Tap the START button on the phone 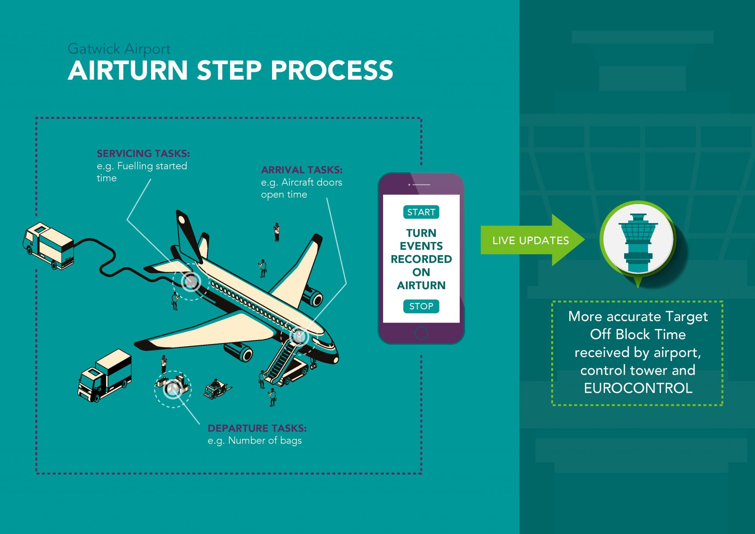[421, 212]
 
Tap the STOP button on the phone [421, 306]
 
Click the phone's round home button [421, 333]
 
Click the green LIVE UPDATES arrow [531, 240]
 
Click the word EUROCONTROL [638, 388]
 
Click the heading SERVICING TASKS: [143, 153]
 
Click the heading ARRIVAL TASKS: [302, 170]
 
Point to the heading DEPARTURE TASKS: [257, 428]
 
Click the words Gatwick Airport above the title [119, 49]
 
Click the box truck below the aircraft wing [105, 375]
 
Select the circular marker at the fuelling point [191, 282]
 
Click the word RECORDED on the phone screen [421, 259]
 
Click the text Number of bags [265, 441]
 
